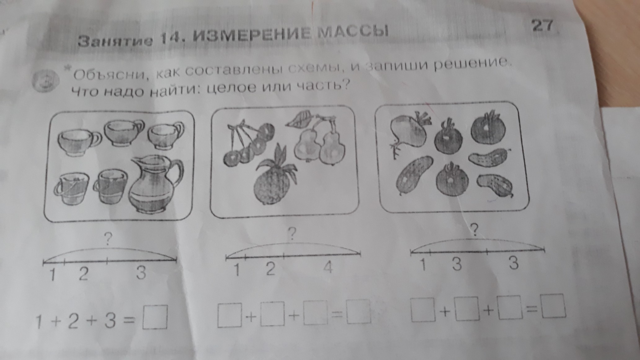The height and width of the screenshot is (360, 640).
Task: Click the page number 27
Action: coord(542,25)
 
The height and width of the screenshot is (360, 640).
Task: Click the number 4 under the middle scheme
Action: coord(328,267)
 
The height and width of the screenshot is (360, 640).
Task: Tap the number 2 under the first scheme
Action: coord(83,273)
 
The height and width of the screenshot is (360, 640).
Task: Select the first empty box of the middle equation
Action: coord(230,315)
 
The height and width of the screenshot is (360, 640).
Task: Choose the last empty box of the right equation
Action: coord(554,307)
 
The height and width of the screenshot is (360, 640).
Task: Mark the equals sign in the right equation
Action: coord(531,309)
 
